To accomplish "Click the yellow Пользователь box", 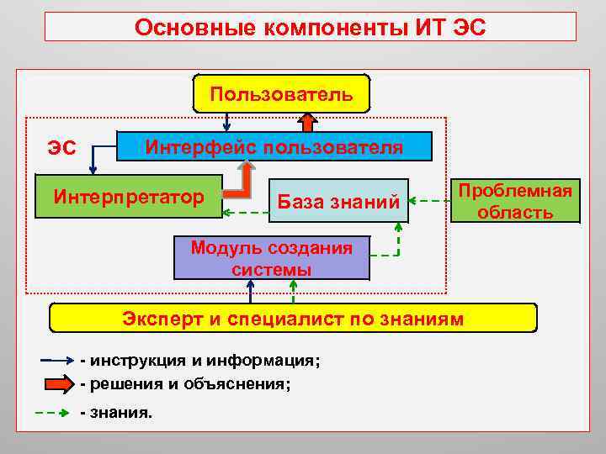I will coord(281,93).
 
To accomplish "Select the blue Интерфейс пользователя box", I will coord(274,146).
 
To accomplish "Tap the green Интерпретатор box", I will coord(129,198).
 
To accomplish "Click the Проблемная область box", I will coord(515,201).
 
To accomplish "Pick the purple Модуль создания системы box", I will coord(271,258).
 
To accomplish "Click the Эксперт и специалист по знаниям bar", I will coord(293,319).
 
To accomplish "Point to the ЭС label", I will coord(61,149).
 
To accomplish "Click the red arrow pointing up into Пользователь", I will coord(308,123).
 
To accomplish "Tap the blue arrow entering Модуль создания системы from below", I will coord(250,291).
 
